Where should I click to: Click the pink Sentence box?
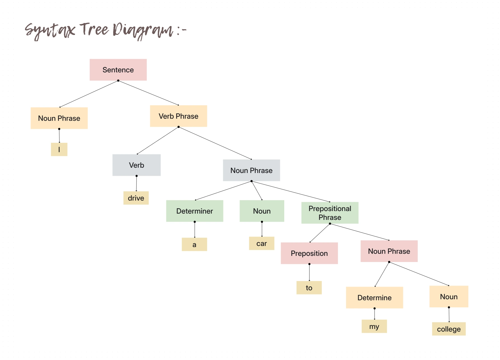click(x=118, y=70)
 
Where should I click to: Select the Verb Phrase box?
click(x=178, y=116)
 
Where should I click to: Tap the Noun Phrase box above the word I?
click(x=59, y=118)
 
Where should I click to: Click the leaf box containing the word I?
click(x=59, y=149)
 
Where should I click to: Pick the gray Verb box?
click(x=136, y=165)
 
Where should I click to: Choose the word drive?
click(x=136, y=198)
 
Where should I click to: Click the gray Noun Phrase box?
click(x=251, y=170)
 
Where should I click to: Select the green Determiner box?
click(x=194, y=211)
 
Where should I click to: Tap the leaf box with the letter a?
click(x=194, y=244)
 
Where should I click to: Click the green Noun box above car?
click(x=262, y=211)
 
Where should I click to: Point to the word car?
click(x=261, y=243)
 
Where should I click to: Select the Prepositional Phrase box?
click(x=330, y=213)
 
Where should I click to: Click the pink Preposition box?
click(x=309, y=253)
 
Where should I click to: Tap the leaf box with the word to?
click(x=309, y=287)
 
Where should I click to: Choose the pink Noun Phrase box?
click(x=389, y=251)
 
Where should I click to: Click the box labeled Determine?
click(x=374, y=298)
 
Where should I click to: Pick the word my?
click(x=374, y=326)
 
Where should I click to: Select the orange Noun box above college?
click(x=449, y=296)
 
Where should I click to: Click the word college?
click(x=449, y=329)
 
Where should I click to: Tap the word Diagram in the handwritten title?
click(x=143, y=30)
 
